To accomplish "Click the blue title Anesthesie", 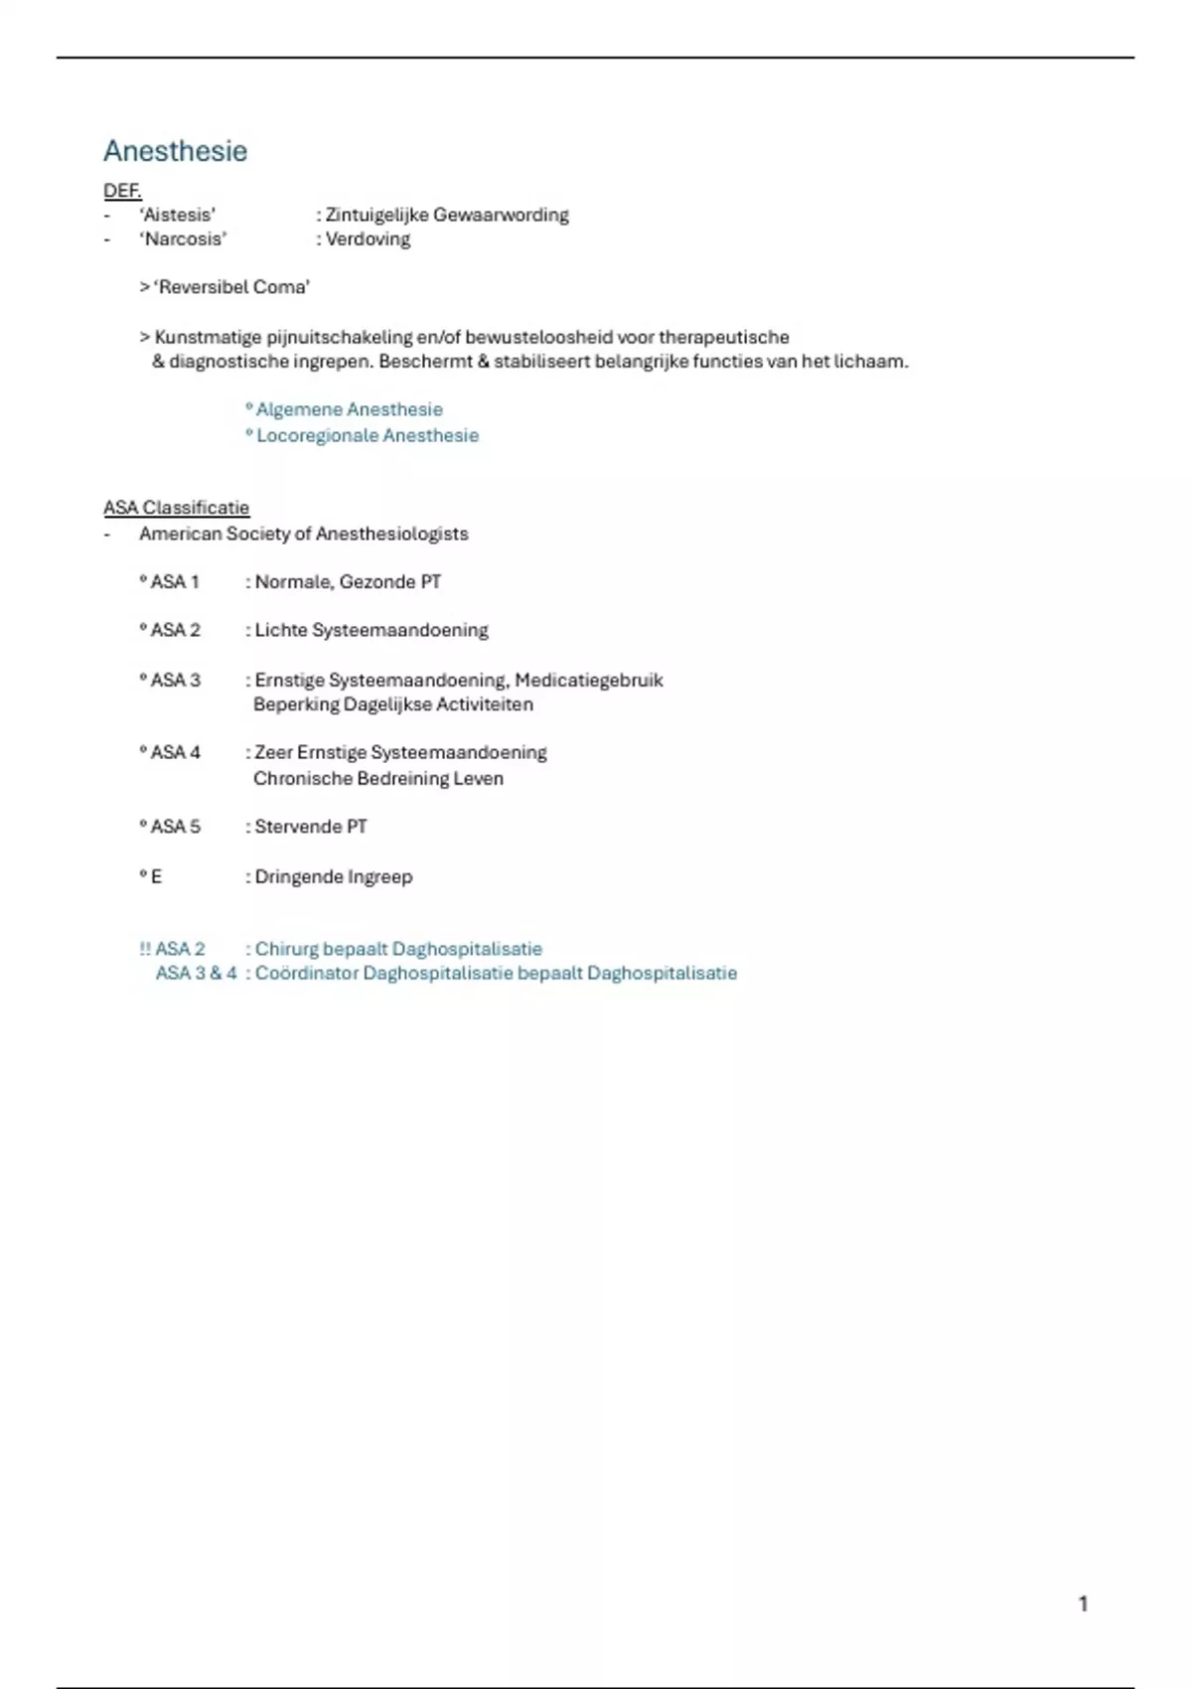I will tap(175, 151).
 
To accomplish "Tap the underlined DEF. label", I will tap(122, 190).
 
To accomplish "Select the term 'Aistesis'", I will tap(178, 215).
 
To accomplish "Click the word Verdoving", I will tap(368, 238).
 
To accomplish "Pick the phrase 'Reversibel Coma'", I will tap(231, 287).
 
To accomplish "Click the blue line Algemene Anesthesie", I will tap(349, 409).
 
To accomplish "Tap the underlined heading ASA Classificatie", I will tap(176, 508).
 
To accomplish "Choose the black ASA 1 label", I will tap(174, 582).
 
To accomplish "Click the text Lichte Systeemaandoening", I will tap(372, 630).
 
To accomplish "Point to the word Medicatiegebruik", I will tap(588, 681).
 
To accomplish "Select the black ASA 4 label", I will tap(175, 752).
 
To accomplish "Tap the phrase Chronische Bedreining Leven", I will tap(377, 778).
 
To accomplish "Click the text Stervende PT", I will tap(311, 827).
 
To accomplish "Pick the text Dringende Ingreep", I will tap(333, 876).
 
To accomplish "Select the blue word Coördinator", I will tap(306, 974).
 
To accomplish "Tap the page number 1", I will tap(1083, 1604).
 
